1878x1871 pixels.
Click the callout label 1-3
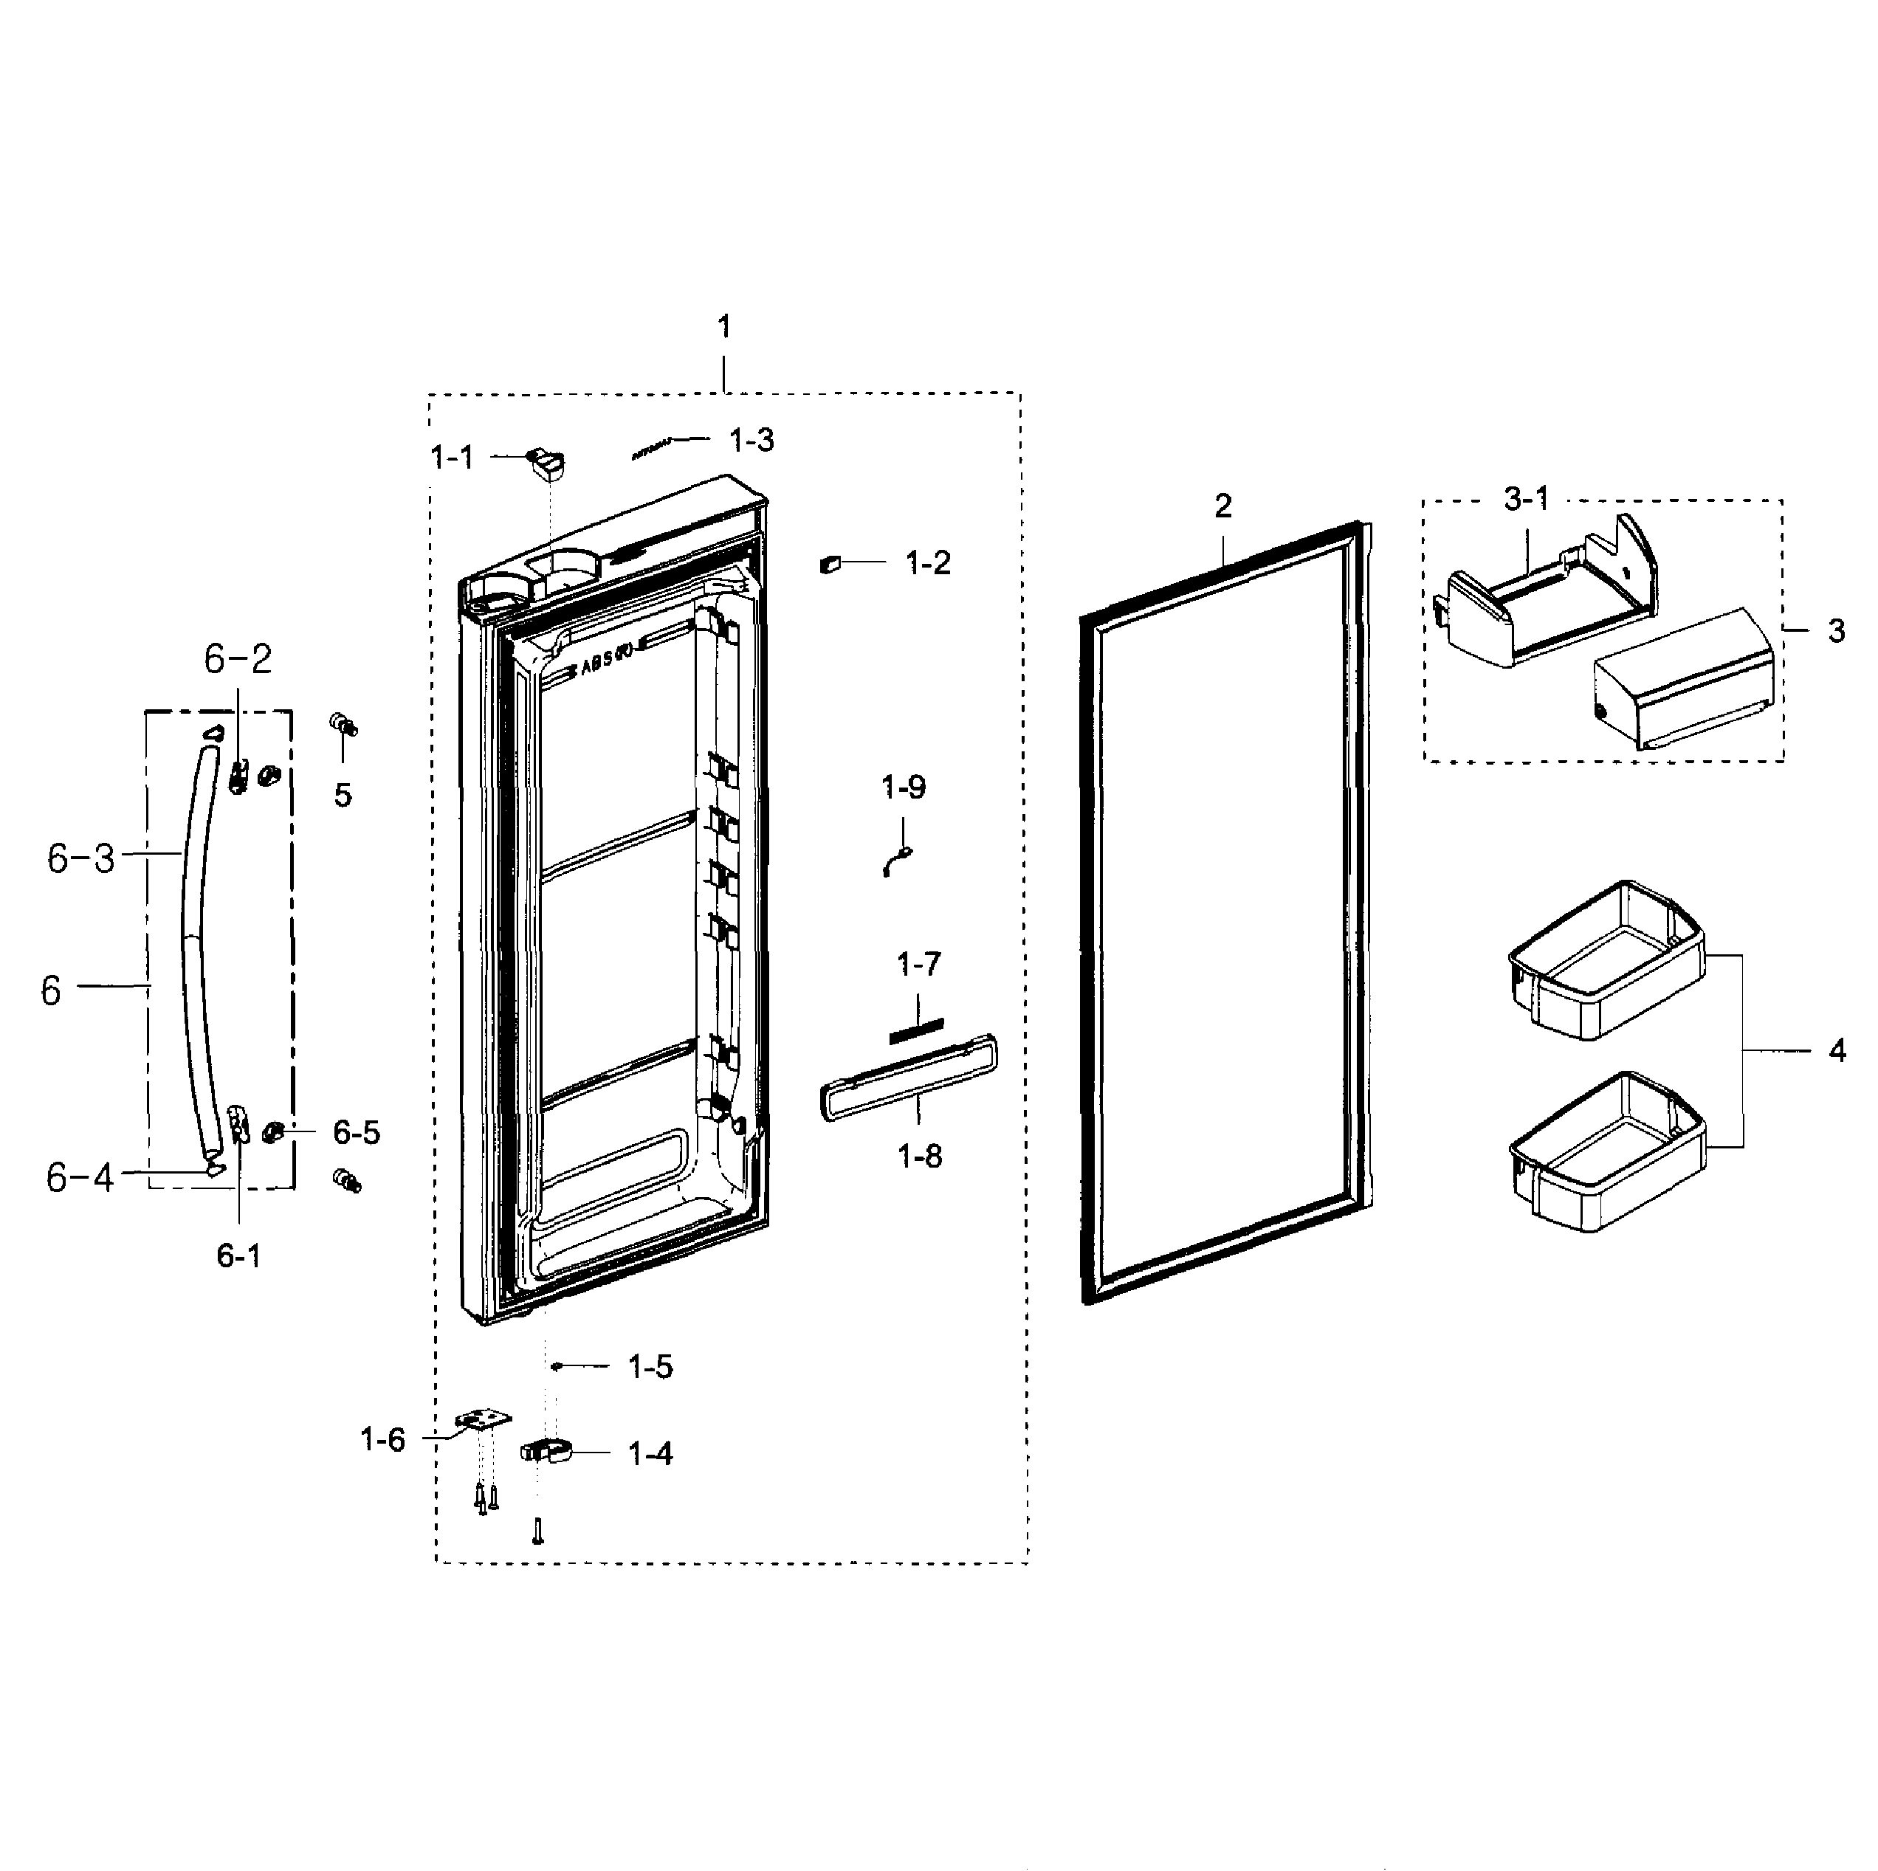[x=751, y=441]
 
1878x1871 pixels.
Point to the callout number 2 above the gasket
[x=1222, y=506]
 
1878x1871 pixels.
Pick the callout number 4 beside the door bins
[x=1835, y=1051]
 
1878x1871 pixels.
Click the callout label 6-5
[x=356, y=1132]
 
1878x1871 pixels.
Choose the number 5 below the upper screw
[x=343, y=795]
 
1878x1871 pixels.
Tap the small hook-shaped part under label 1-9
[x=897, y=861]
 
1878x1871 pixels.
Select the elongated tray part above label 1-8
[x=909, y=1077]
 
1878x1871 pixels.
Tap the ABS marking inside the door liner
[x=605, y=666]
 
